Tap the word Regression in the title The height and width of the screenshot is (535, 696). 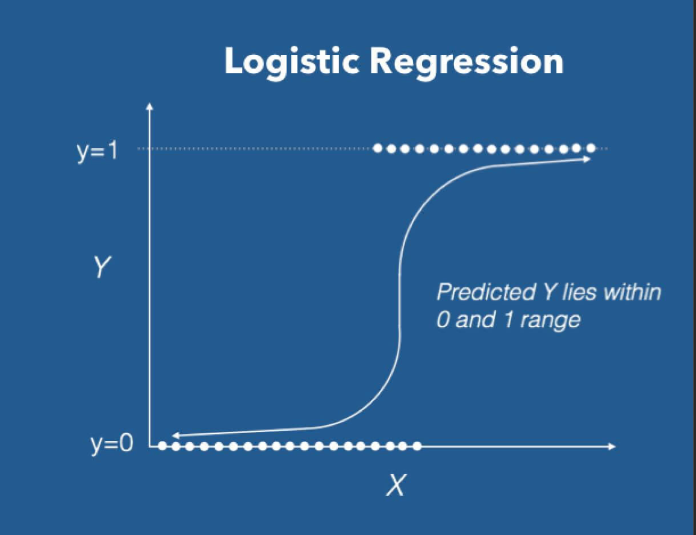tap(467, 61)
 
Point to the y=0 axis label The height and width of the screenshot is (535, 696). tap(112, 445)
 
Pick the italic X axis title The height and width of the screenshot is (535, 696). tap(395, 485)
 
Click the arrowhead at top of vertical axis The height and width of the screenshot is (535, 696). tap(150, 107)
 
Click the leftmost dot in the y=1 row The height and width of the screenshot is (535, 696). tap(378, 148)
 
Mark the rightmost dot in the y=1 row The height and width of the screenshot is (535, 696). tap(591, 148)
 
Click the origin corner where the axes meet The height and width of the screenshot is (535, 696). tap(151, 446)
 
